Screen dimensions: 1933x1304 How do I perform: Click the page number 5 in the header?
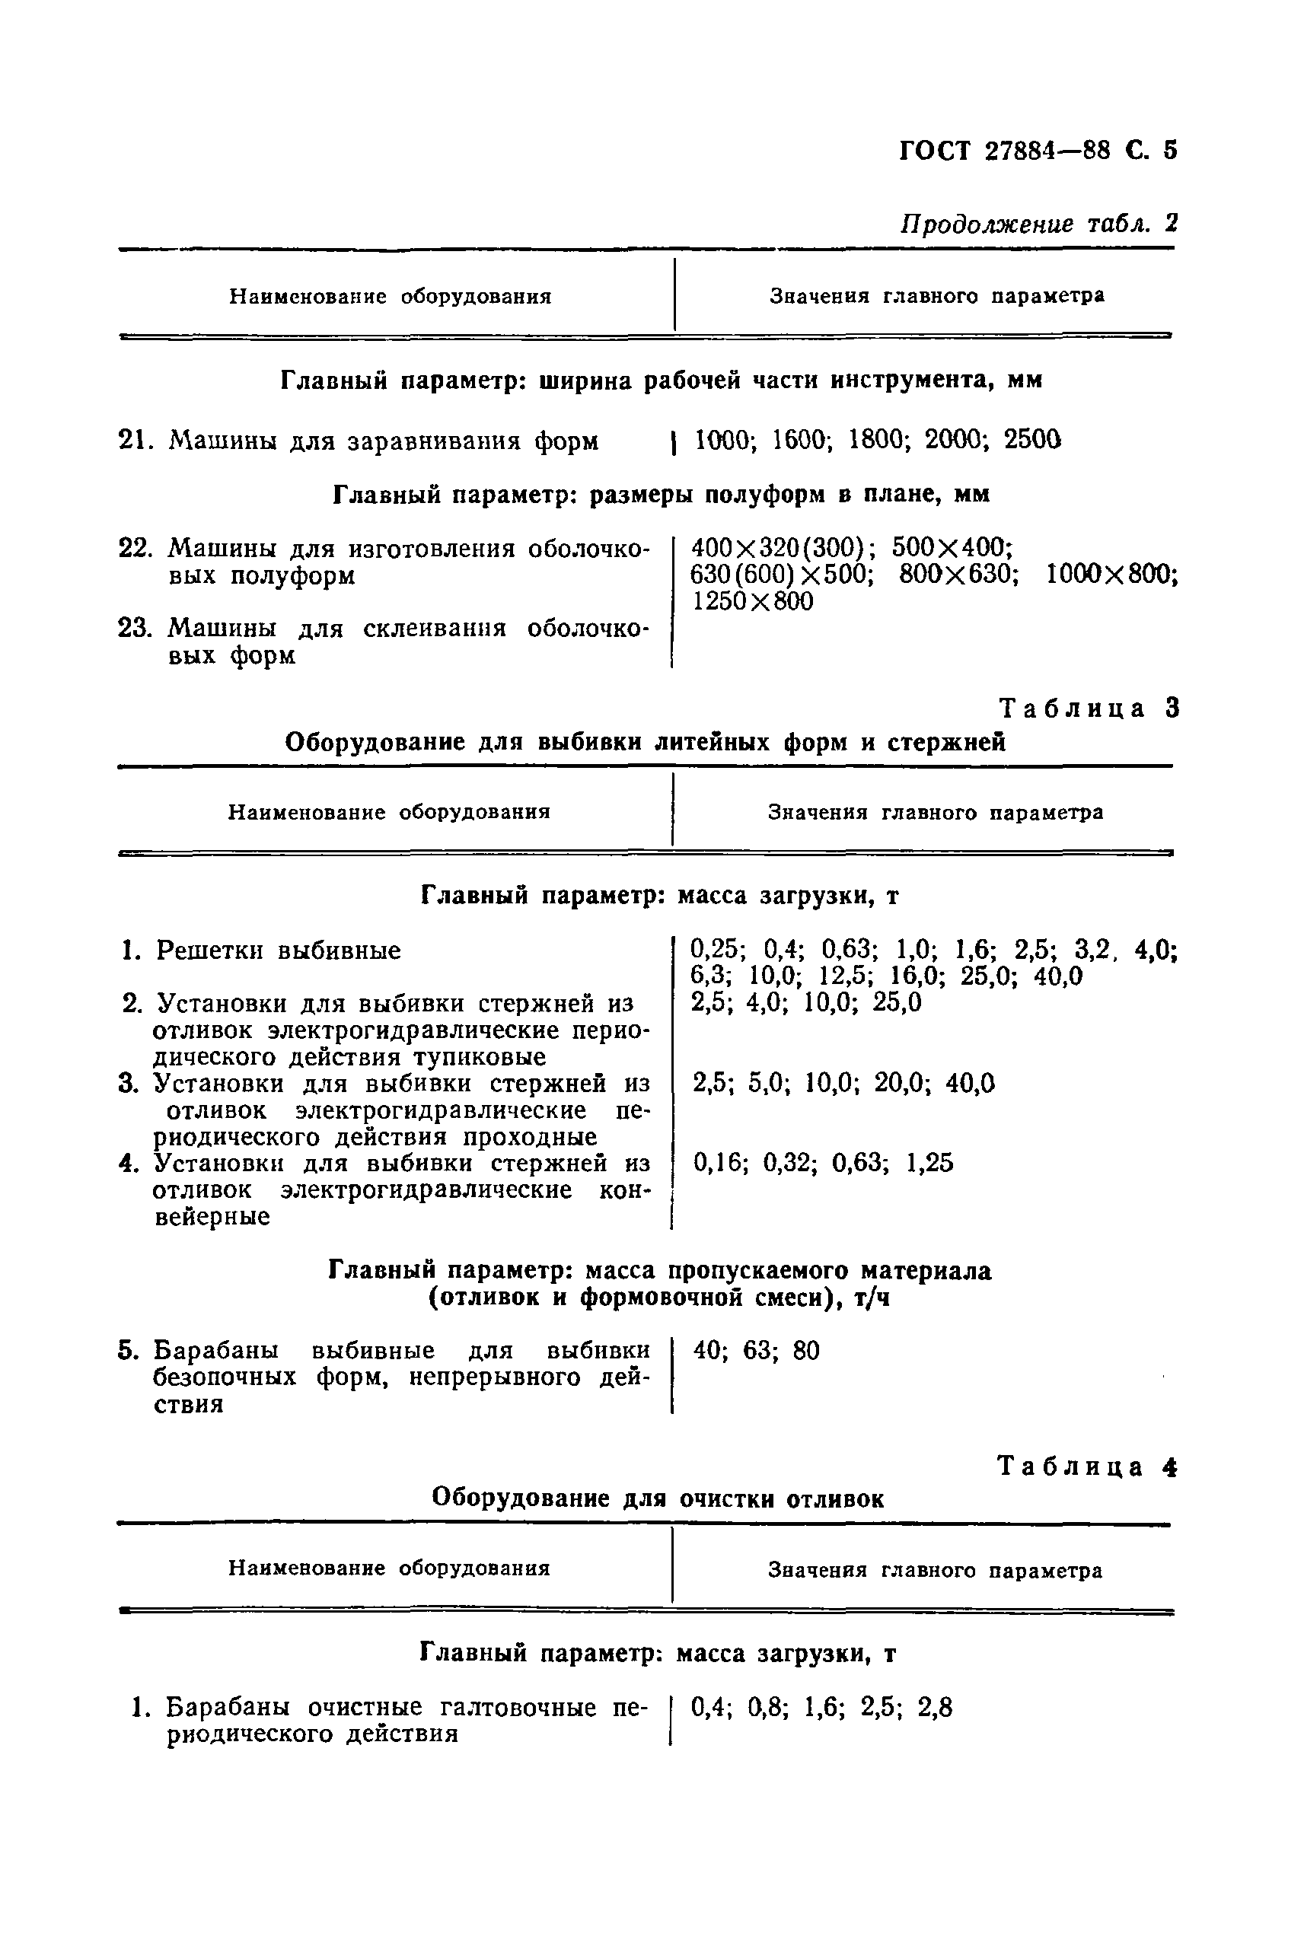coord(1170,151)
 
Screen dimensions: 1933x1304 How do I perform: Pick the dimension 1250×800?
coord(753,601)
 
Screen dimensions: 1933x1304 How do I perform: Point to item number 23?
coord(133,628)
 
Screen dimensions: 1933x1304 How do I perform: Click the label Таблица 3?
coord(1088,709)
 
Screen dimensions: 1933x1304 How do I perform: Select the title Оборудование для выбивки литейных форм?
coord(645,741)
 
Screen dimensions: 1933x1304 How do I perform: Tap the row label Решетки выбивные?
coord(278,951)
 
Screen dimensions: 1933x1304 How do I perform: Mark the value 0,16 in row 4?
coord(719,1163)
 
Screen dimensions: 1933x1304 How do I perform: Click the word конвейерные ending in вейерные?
coord(212,1217)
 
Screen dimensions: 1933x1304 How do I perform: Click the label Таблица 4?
coord(1086,1466)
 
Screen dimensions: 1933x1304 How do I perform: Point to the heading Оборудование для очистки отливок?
coord(658,1499)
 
